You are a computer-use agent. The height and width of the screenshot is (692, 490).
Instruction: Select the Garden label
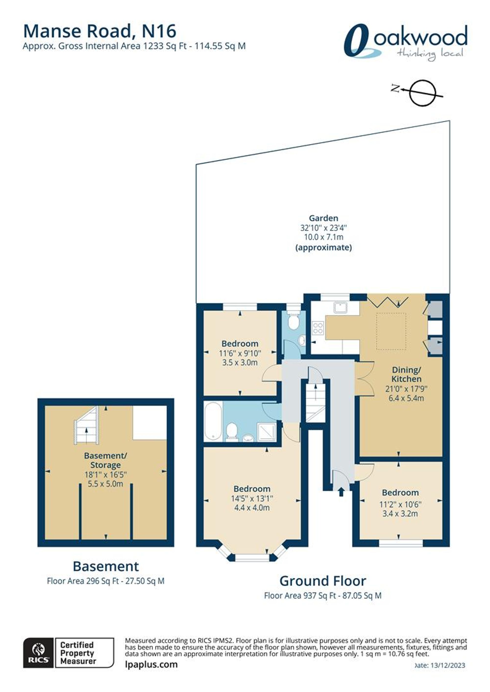tap(323, 218)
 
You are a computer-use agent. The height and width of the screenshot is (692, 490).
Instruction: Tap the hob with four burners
tap(318, 328)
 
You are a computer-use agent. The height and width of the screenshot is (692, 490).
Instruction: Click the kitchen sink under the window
tap(340, 308)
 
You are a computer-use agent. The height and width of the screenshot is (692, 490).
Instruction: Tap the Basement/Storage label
tap(106, 460)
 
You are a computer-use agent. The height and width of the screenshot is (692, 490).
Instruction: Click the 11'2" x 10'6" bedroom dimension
tap(400, 504)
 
